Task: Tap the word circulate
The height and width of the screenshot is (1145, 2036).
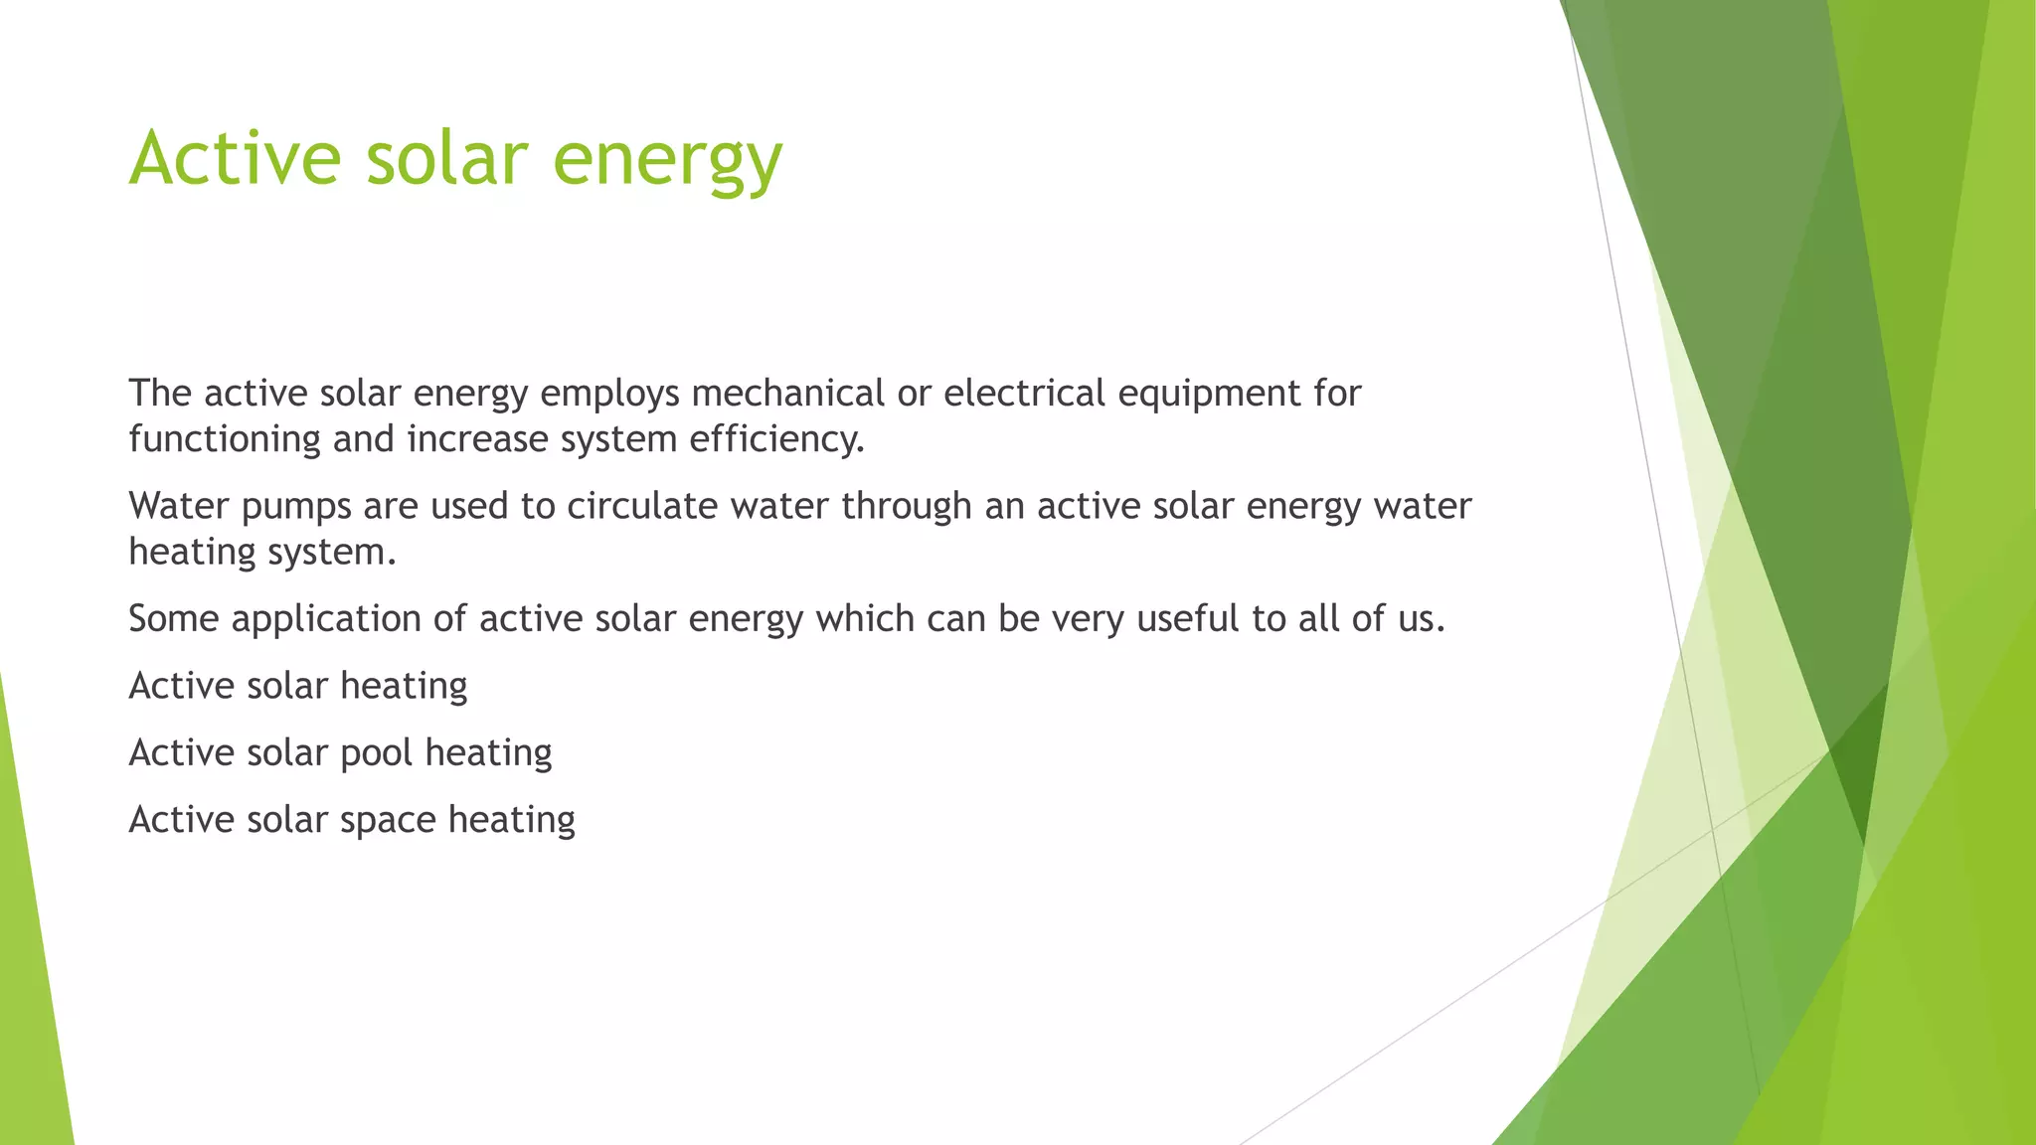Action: point(642,506)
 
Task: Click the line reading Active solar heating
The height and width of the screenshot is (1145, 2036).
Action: point(298,686)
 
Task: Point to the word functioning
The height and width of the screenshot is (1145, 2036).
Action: point(225,439)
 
